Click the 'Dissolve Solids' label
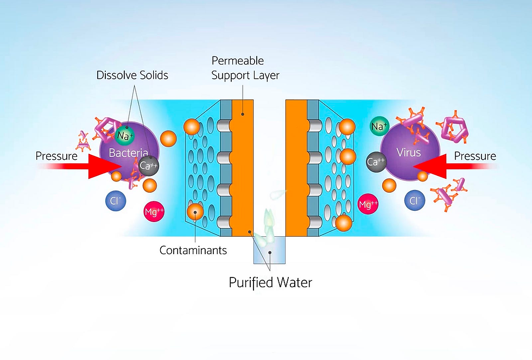[x=132, y=75]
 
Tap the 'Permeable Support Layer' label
[x=245, y=68]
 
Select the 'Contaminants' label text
[x=193, y=250]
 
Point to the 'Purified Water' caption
[x=270, y=282]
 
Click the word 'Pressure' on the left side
[x=56, y=156]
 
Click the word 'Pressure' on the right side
[x=475, y=156]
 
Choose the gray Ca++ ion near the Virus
[x=376, y=161]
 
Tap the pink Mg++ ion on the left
[x=154, y=212]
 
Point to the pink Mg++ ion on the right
[x=368, y=205]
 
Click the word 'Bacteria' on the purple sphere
[x=125, y=153]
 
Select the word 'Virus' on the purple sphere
[x=408, y=153]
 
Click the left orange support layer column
[x=243, y=168]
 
